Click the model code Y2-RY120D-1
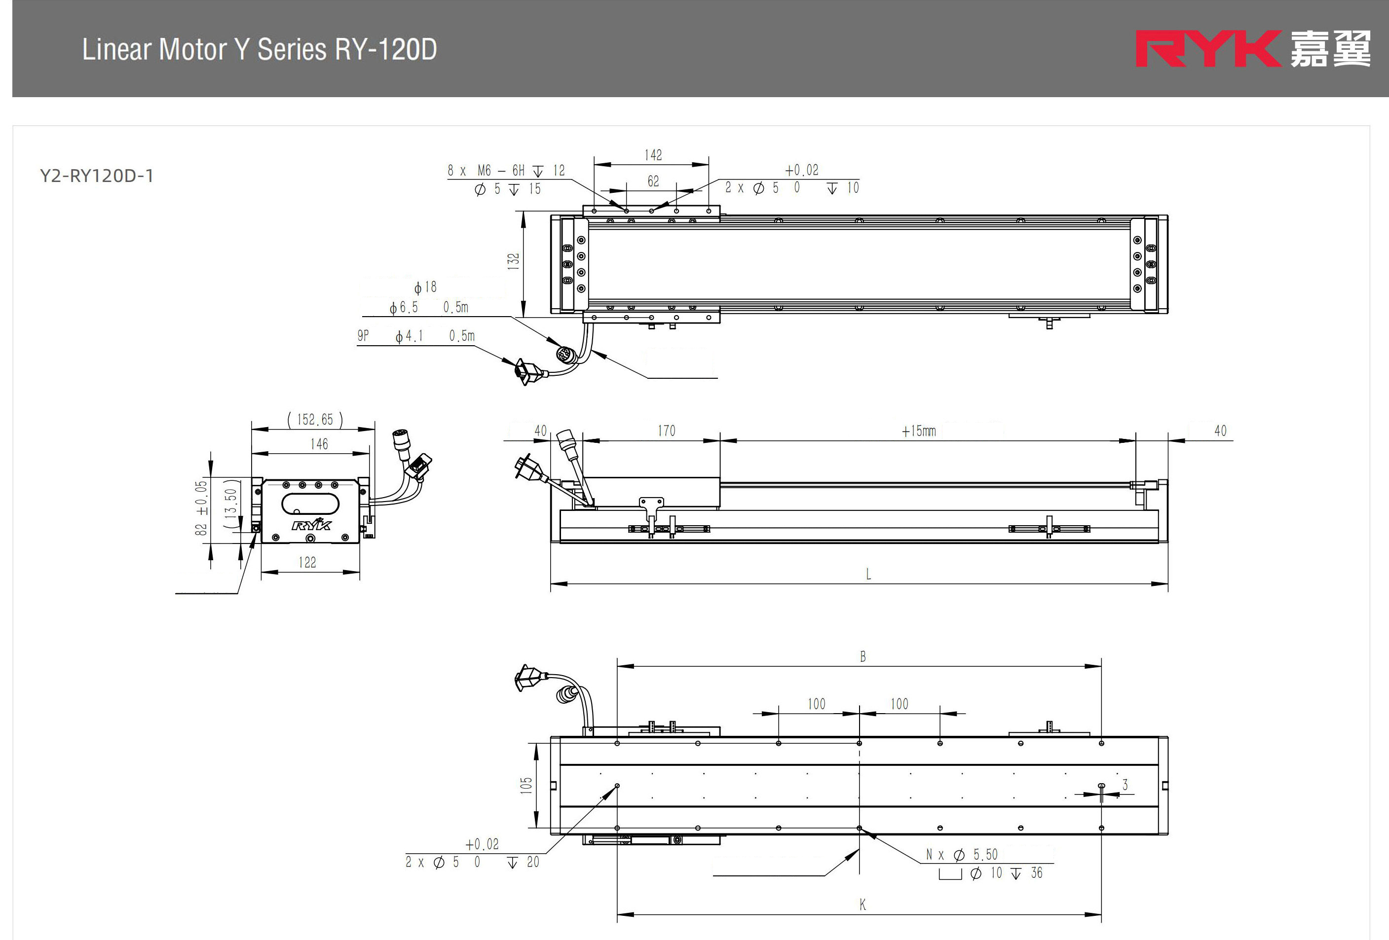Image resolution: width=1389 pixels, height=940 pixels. [x=97, y=176]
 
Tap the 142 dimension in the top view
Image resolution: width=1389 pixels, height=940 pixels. [x=653, y=155]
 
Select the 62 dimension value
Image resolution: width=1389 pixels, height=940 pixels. [x=653, y=181]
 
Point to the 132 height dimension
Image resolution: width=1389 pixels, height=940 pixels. [x=513, y=261]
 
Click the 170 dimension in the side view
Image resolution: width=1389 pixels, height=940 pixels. [x=667, y=431]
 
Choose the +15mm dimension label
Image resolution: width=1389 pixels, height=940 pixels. [x=919, y=431]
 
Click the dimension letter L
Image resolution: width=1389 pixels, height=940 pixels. [x=868, y=575]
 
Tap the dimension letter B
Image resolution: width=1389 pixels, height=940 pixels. [x=863, y=657]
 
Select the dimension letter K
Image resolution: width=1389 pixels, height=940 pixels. [x=863, y=905]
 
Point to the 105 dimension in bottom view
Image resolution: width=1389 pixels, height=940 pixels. [x=526, y=785]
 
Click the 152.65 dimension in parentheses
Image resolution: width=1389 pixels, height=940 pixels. [x=315, y=420]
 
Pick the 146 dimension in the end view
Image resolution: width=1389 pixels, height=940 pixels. [x=319, y=444]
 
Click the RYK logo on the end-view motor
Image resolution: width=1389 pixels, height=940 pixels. [x=311, y=525]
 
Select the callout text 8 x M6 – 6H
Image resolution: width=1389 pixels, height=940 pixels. [x=486, y=171]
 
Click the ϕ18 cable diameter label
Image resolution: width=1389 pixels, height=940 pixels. [x=425, y=287]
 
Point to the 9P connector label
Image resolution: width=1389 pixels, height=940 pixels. [x=363, y=336]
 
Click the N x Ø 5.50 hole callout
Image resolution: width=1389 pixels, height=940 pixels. [x=961, y=855]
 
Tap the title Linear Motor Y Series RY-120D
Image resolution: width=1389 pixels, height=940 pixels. [x=260, y=49]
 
